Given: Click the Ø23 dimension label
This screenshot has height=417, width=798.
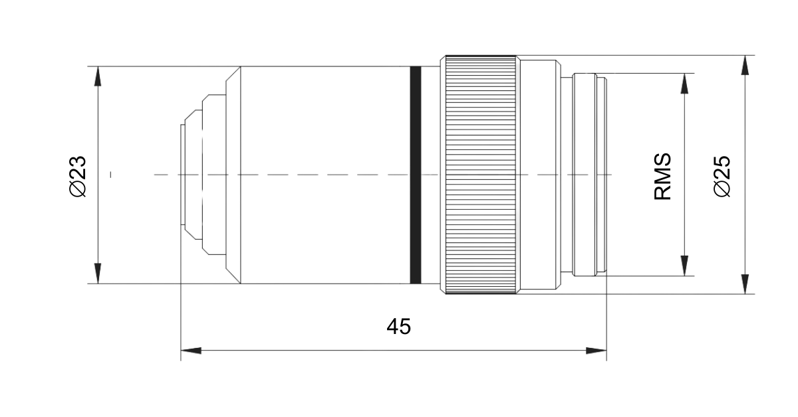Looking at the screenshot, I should click(x=78, y=176).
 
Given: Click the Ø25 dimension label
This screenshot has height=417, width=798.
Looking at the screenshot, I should click(x=722, y=176).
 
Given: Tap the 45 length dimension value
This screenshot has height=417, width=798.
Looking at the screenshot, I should click(x=398, y=326).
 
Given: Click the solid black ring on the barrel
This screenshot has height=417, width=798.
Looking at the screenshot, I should click(x=416, y=175).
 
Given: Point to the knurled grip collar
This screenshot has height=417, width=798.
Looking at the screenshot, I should click(x=480, y=175).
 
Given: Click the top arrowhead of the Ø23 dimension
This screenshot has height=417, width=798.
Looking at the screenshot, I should click(x=98, y=76).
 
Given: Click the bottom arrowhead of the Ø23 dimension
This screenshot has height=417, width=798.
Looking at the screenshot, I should click(x=98, y=274).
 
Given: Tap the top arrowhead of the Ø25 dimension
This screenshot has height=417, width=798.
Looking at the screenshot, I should click(x=745, y=65).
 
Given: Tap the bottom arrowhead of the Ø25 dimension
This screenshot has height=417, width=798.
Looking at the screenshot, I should click(x=745, y=284).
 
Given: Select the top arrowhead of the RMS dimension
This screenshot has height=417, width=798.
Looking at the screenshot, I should click(x=683, y=83).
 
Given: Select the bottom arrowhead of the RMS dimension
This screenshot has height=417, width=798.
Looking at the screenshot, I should click(x=683, y=266).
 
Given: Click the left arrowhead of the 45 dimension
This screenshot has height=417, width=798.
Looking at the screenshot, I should click(x=191, y=350).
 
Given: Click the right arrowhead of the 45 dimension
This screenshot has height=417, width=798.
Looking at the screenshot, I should click(x=597, y=350).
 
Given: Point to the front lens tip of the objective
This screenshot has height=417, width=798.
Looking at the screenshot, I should click(x=184, y=175).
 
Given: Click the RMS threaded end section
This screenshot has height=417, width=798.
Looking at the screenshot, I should click(x=590, y=175).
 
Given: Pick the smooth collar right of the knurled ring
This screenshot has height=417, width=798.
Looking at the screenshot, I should click(x=539, y=175).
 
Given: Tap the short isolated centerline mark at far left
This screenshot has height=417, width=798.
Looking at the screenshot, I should click(x=110, y=175).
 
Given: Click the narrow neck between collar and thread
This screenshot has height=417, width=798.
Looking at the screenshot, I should click(x=566, y=175).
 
